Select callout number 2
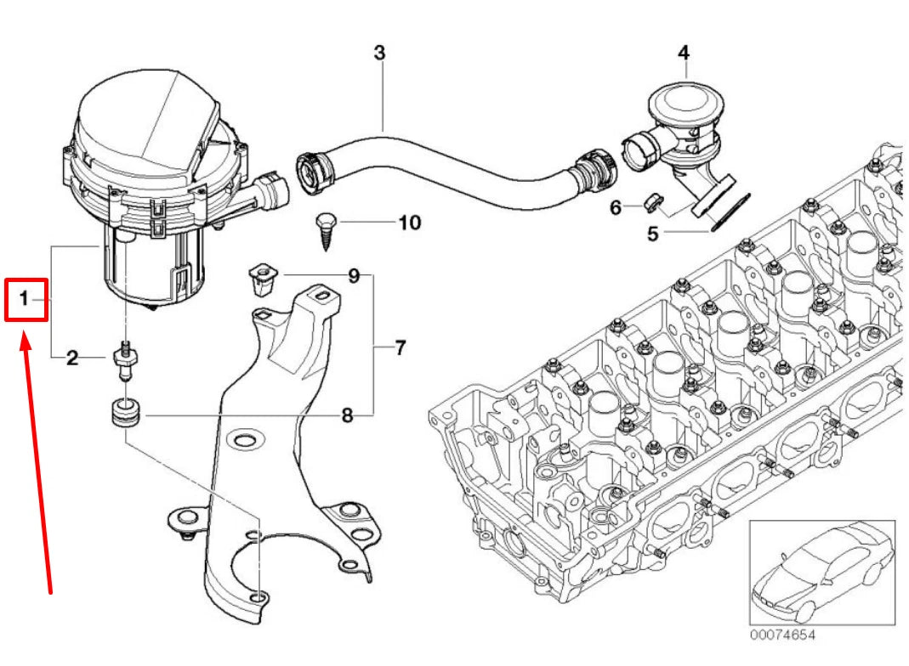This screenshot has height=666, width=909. pos(72,358)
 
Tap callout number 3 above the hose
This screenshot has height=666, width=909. pos(379,53)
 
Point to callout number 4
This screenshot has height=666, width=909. pos(683,53)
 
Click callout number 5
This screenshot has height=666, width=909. pos(652,233)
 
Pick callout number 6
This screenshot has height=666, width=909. pos(616,206)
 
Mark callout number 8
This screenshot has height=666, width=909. pos(347,416)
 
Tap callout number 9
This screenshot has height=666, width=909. pos(353,276)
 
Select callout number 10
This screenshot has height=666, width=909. pos(409,223)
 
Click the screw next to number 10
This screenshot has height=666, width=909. pos(326,226)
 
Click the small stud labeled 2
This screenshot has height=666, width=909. pos(124,360)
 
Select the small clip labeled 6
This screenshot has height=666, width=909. pos(652,202)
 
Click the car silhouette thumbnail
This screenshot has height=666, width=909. pos(821,573)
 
